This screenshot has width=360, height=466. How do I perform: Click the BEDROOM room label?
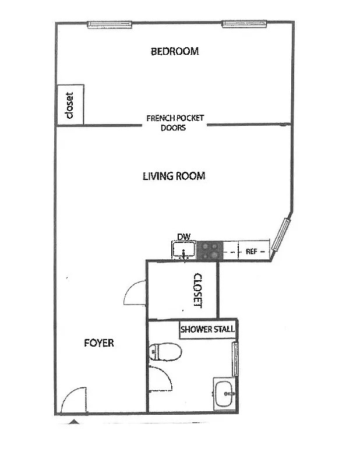175,51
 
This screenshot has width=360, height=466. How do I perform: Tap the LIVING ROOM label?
174,175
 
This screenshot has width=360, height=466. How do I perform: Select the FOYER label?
98,343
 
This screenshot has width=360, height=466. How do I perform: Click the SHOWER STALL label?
207,329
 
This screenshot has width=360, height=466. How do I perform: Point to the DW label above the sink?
184,237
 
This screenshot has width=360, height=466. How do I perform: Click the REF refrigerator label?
252,252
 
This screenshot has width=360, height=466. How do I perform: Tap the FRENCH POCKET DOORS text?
175,122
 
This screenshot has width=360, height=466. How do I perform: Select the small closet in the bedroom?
70,105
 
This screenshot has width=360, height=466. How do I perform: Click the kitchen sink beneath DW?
184,251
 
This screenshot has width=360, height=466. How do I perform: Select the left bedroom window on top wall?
109,24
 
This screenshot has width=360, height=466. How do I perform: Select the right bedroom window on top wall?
244,24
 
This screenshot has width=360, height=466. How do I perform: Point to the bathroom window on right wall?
235,359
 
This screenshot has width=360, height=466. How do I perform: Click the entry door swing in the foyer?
74,401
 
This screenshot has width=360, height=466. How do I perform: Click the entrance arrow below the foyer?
73,421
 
